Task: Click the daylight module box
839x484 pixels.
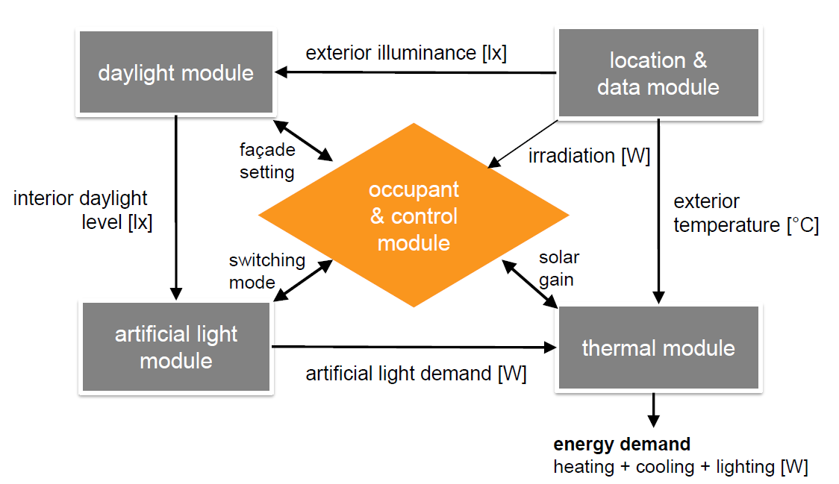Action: pos(175,72)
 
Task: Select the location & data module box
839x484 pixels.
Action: pos(658,73)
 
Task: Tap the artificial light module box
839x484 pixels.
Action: pos(176,347)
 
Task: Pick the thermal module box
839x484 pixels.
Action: pos(658,348)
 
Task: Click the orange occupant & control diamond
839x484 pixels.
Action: pos(414,216)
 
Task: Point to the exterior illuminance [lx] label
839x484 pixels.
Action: pos(406,54)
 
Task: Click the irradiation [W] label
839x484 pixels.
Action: pos(589,157)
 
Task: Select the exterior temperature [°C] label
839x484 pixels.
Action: pos(746,213)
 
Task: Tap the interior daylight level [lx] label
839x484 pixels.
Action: pos(82,210)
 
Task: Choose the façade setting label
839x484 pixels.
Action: pos(266,160)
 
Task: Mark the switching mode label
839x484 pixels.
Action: pos(266,271)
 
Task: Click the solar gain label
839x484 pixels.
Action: pos(559,267)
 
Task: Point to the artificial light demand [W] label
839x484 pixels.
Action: pos(416,374)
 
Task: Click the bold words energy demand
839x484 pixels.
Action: pos(621,444)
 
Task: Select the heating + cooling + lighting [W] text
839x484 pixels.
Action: pos(680,467)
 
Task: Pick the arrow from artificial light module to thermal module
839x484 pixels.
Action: pos(414,347)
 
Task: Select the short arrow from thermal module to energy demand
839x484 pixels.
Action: pos(654,408)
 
